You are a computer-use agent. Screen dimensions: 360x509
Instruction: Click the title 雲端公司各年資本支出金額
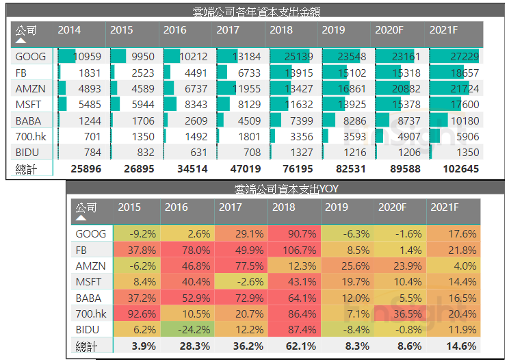tap(257, 12)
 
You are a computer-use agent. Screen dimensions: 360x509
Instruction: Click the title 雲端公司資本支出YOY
tap(286, 188)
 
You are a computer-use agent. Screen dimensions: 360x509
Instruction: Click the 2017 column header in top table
tap(228, 30)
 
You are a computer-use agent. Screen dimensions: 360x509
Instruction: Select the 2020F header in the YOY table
tap(392, 207)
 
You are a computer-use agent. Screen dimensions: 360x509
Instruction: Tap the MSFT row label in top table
tap(28, 105)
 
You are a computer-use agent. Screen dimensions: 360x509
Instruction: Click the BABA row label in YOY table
tap(90, 298)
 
